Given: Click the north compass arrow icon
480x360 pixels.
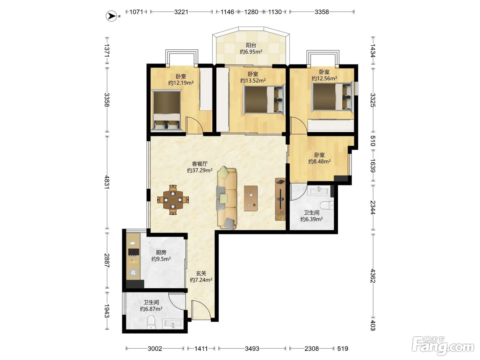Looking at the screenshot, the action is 111,16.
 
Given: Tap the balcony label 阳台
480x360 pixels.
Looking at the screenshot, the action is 251,45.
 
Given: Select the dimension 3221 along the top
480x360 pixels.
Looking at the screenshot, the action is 181,12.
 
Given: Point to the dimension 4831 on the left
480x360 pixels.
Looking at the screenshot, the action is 107,182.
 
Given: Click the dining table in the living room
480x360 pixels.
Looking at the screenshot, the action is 173,200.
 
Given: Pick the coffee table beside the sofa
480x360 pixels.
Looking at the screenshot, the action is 251,198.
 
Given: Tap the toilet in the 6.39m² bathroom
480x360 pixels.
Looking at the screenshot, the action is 327,205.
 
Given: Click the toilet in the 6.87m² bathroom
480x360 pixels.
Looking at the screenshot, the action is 151,322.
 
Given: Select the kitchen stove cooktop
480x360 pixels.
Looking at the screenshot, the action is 134,252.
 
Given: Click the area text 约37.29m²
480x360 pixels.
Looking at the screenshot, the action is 200,170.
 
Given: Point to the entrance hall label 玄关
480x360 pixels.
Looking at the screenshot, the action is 201,273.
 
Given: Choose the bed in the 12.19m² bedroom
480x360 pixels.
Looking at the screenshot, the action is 167,111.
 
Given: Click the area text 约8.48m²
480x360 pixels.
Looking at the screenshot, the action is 320,161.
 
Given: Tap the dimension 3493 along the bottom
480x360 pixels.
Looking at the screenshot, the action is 252,349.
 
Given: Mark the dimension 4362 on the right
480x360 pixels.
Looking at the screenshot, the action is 373,276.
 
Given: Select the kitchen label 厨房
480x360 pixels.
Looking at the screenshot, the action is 161,252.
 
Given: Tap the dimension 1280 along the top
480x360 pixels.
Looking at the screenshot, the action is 251,12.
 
